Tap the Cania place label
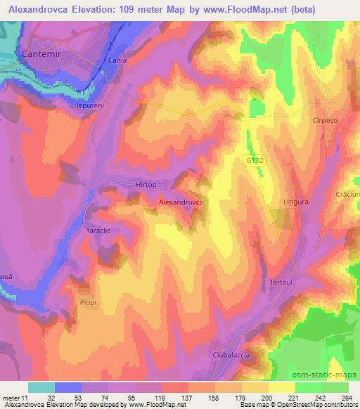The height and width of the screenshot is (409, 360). [x=117, y=61]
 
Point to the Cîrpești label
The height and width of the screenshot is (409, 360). [x=326, y=121]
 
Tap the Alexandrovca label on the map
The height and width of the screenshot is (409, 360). [x=181, y=202]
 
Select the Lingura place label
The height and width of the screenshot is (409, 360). [x=296, y=202]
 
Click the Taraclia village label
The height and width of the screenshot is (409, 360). [x=99, y=230]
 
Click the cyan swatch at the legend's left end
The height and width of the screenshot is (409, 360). [x=41, y=387]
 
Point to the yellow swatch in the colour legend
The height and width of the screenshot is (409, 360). [x=282, y=387]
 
